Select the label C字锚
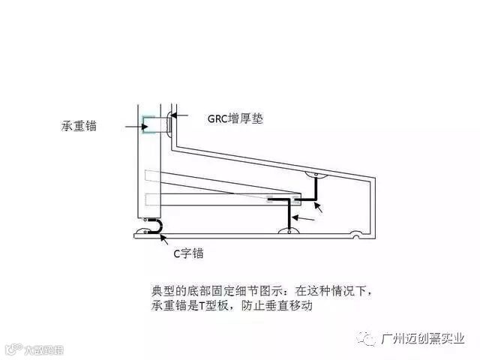(x=188, y=254)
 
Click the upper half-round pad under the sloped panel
(x=316, y=175)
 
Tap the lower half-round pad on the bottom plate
(x=288, y=232)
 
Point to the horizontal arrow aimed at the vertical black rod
(x=304, y=217)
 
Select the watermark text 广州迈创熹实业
(x=423, y=340)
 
